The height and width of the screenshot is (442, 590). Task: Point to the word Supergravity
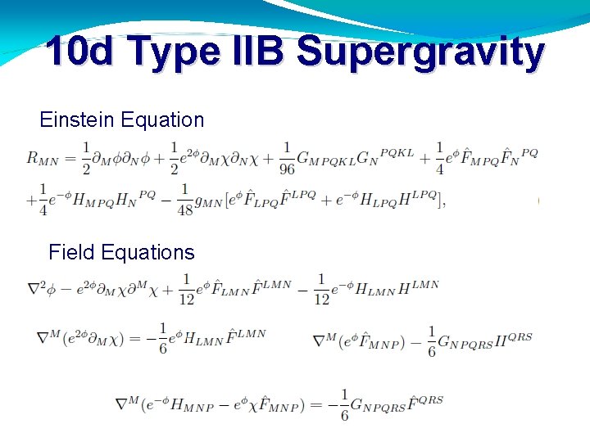pyautogui.click(x=420, y=52)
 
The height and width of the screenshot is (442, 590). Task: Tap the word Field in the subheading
pyautogui.click(x=71, y=251)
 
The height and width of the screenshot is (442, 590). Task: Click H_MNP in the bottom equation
pyautogui.click(x=189, y=404)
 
